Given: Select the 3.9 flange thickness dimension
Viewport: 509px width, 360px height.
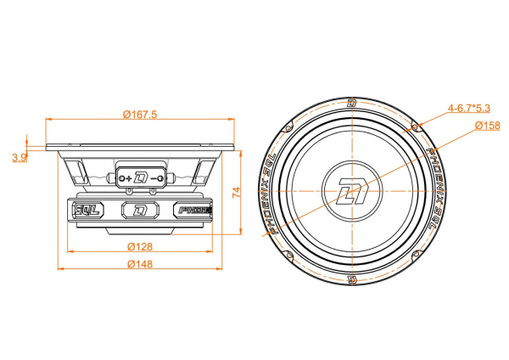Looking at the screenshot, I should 20,157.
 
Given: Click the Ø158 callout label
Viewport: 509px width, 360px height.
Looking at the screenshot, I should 486,126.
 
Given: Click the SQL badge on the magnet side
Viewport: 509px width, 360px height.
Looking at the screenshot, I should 86,210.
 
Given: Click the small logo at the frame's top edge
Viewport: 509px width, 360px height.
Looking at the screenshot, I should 350,103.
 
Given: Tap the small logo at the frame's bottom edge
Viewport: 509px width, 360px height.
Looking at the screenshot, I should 350,279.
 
